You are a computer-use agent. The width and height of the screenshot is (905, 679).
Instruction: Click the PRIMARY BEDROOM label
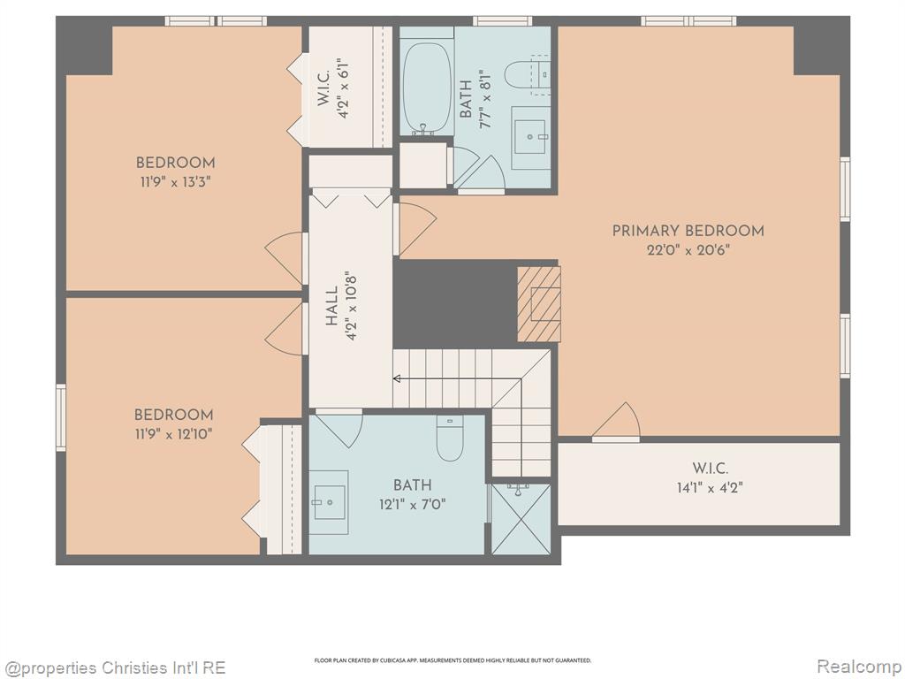pos(688,231)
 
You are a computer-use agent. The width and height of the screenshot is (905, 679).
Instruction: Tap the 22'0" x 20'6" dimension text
pos(688,250)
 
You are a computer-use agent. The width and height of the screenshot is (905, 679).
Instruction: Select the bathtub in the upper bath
pos(427,88)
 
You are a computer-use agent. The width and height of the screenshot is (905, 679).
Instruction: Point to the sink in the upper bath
pos(530,137)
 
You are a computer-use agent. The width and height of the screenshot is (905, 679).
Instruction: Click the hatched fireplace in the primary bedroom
pos(538,304)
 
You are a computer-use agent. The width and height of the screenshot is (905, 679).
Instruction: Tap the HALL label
pos(331,306)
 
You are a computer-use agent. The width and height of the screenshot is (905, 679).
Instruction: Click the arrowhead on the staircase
pos(397,378)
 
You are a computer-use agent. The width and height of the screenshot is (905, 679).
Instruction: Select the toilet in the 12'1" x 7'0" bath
pos(450,439)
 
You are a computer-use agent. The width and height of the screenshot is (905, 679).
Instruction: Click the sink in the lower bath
pos(329,502)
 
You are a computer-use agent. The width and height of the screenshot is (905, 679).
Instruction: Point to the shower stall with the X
pos(521,519)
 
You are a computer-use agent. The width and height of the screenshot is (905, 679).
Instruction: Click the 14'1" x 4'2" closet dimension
pos(710,488)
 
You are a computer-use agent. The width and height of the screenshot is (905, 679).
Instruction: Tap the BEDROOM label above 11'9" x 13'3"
pos(176,163)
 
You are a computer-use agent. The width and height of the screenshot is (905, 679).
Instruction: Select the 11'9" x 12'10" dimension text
pos(174,433)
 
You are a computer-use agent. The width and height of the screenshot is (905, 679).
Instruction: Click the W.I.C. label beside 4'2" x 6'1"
pos(323,88)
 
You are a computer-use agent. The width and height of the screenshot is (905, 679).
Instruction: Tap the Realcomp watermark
pos(859,667)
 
